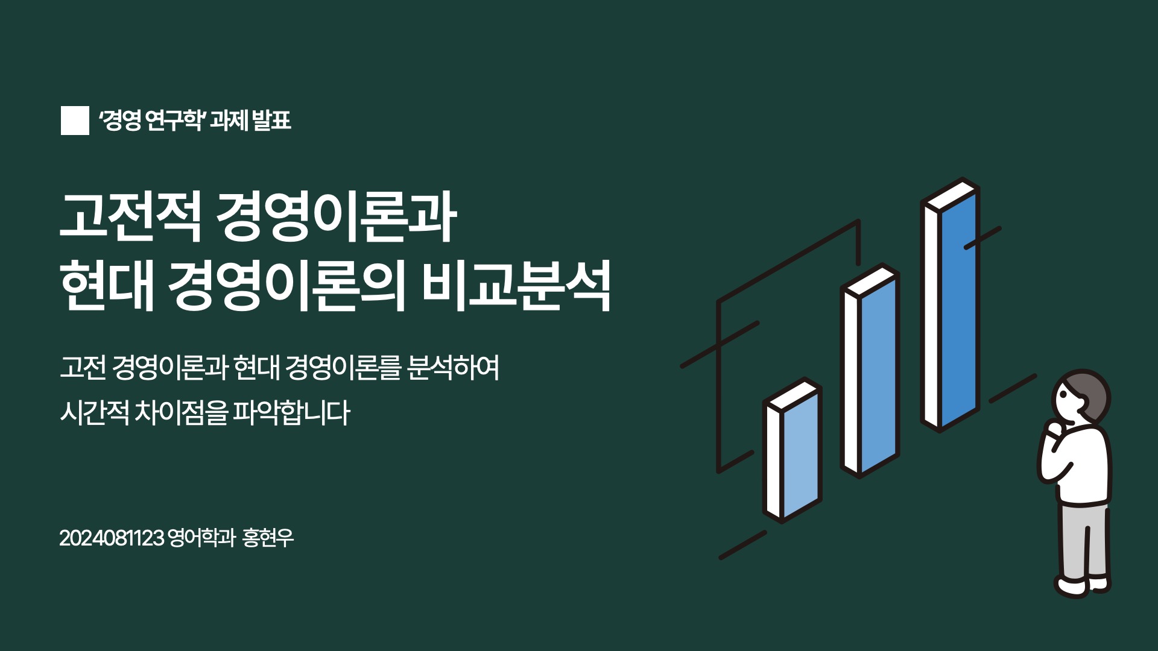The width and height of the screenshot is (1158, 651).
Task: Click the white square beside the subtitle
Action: point(75,121)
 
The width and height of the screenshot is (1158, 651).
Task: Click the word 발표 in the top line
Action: point(271,121)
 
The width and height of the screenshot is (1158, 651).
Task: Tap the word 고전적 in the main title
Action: point(130,218)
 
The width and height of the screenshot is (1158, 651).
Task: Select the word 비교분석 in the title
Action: point(516,286)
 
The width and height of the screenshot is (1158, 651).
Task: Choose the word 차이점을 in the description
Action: point(181,413)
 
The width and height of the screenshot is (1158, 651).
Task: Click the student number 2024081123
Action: point(112,538)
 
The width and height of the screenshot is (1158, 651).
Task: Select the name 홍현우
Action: point(268,538)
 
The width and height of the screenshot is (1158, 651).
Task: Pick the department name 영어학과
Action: point(201,538)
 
